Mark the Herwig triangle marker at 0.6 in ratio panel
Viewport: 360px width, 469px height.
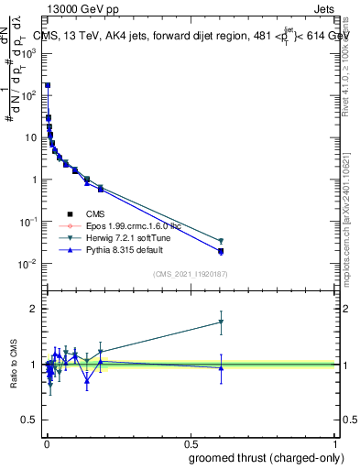point(221,322)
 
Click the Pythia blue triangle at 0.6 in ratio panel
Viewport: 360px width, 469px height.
point(221,368)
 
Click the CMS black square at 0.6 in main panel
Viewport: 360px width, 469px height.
point(221,250)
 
